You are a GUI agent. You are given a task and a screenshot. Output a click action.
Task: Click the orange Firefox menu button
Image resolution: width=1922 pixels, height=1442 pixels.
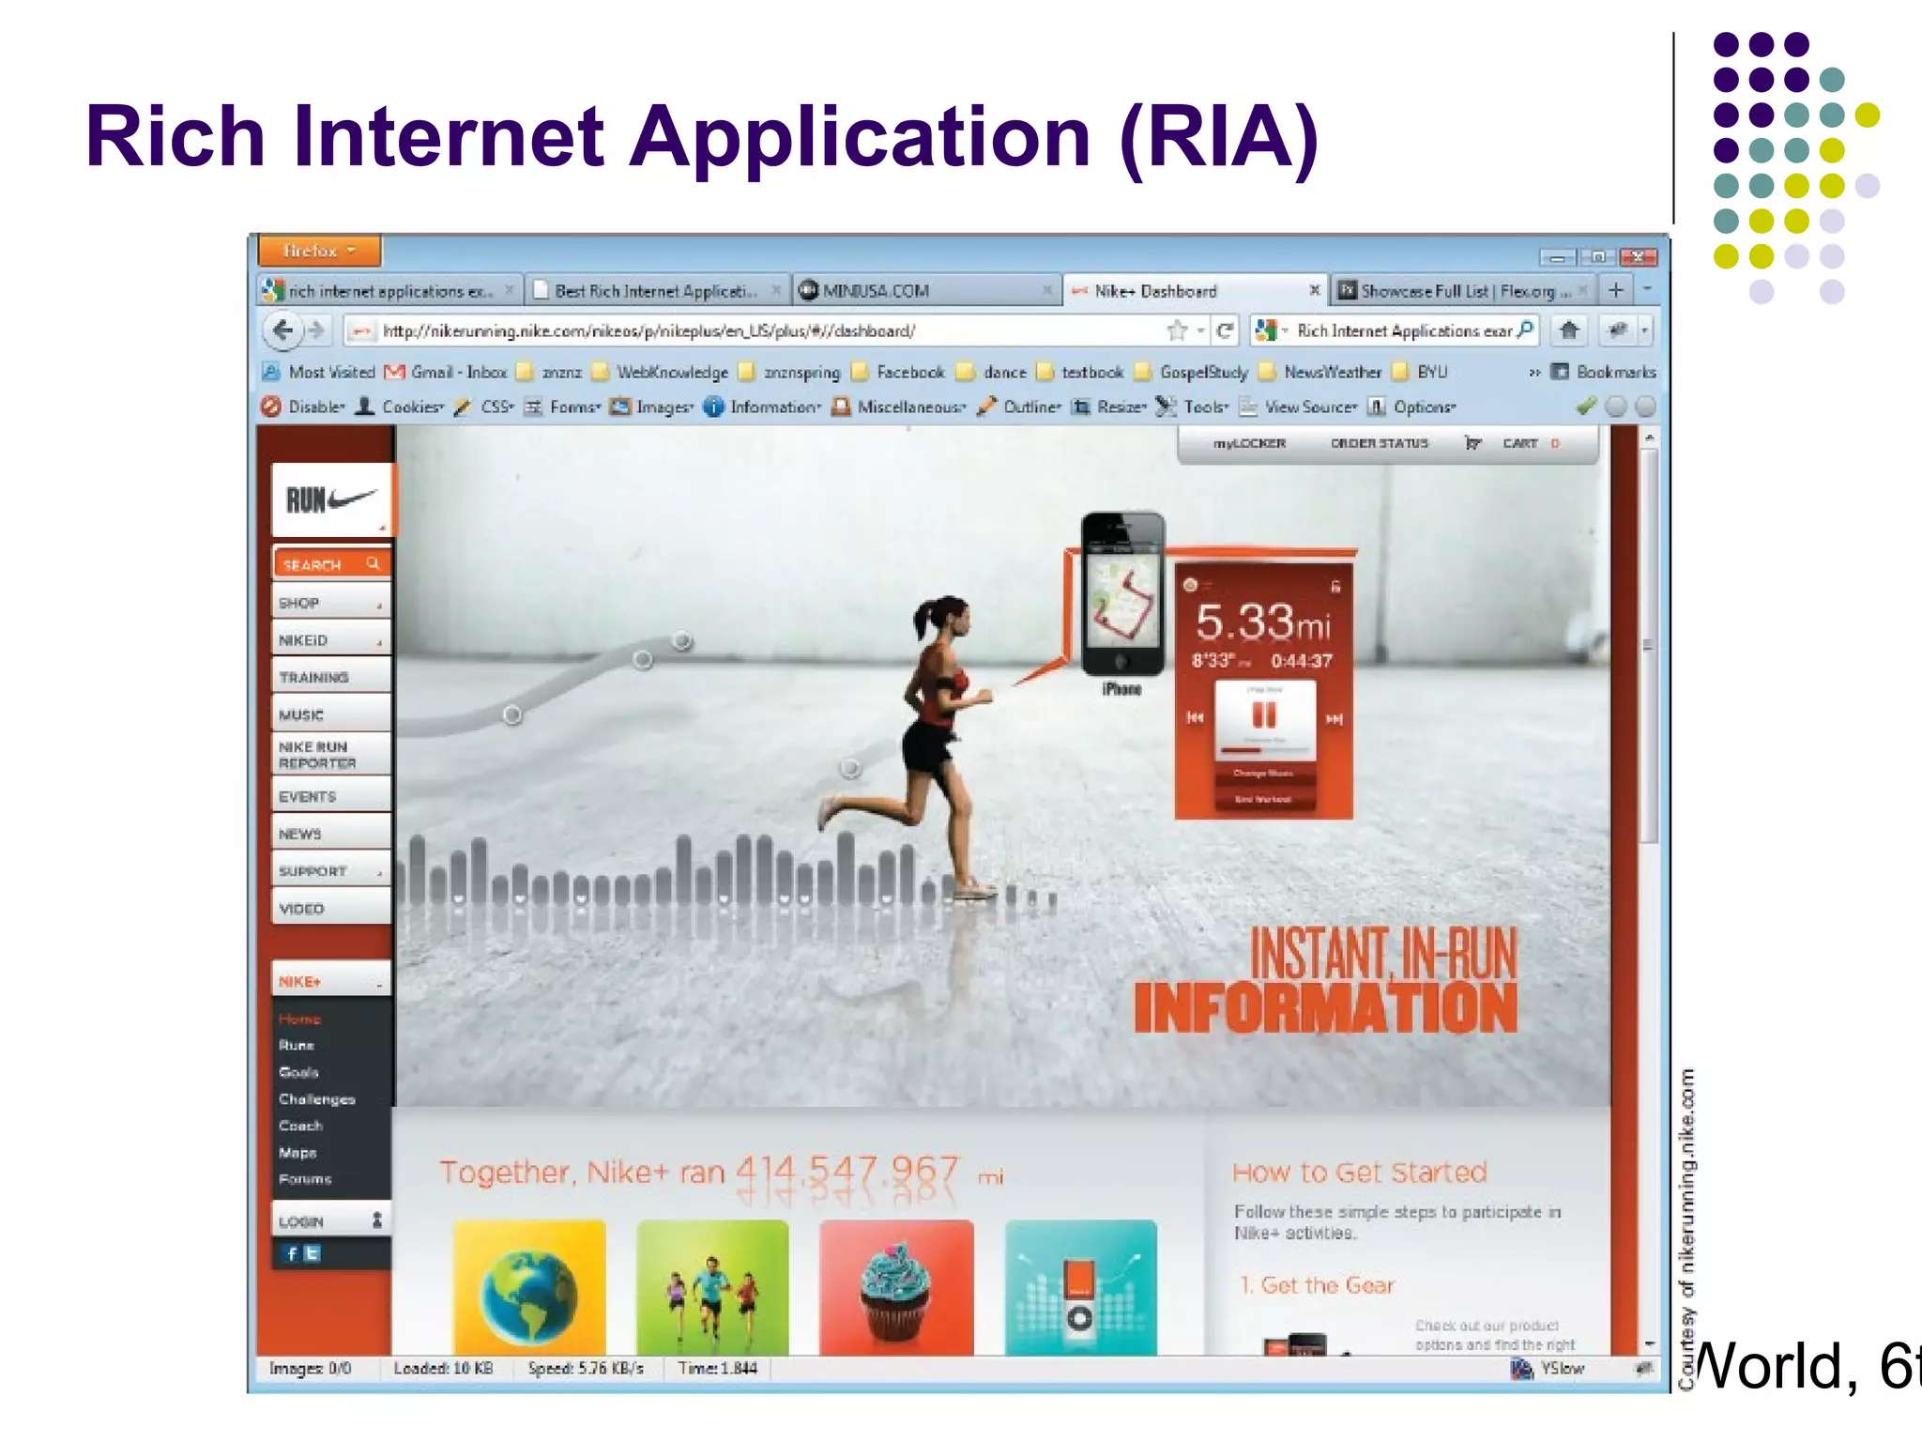point(319,251)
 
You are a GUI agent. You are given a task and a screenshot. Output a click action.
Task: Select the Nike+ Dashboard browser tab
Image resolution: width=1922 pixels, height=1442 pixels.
point(1155,291)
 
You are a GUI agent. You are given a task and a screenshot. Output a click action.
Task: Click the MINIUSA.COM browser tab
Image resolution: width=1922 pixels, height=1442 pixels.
point(876,291)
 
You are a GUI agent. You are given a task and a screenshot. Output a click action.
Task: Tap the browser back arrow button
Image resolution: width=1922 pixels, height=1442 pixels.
point(282,330)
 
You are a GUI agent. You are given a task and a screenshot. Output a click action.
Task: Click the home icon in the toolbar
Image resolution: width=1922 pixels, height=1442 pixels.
point(1568,330)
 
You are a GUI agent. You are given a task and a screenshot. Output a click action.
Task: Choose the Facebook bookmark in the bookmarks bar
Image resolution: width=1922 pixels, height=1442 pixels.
point(909,372)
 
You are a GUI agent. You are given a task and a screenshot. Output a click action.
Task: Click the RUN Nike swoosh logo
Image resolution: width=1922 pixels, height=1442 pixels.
point(330,499)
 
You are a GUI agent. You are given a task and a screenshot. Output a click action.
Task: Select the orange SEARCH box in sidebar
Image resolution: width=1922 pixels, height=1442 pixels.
point(330,564)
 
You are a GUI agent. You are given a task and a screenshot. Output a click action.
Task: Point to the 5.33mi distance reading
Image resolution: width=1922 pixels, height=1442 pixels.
point(1262,621)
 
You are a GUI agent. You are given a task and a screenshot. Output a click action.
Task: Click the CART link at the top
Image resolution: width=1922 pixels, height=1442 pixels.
point(1519,443)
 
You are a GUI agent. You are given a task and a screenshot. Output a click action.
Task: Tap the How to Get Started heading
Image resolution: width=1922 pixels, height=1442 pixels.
point(1359,1173)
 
